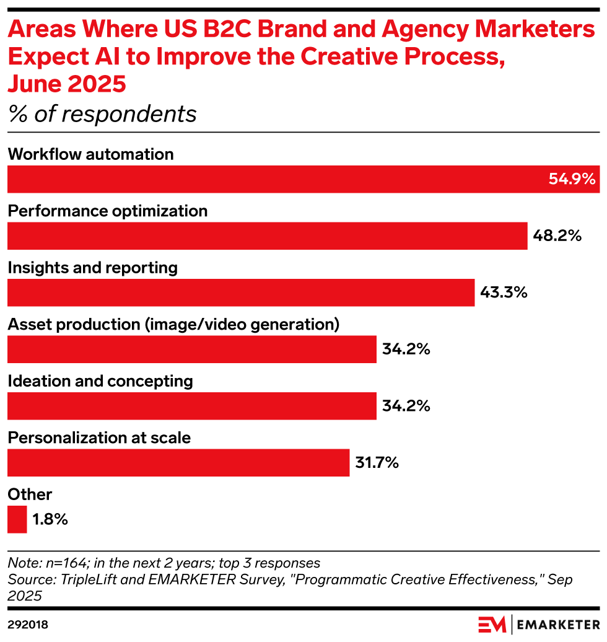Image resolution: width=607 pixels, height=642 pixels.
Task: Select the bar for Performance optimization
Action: (x=267, y=236)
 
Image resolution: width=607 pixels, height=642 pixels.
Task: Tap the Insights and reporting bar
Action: (x=241, y=292)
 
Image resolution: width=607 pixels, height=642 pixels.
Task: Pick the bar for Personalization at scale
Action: (x=178, y=463)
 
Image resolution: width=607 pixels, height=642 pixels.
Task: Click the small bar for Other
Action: (x=17, y=519)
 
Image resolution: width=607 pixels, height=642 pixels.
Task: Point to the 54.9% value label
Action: (x=572, y=180)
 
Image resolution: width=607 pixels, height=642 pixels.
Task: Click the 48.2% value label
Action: (x=557, y=236)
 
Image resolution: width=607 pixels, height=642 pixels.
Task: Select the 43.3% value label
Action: (x=504, y=292)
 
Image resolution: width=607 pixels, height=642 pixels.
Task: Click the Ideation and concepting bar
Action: (x=192, y=406)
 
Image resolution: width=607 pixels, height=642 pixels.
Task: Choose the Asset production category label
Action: (x=173, y=324)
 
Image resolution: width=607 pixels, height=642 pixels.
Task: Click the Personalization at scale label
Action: (x=99, y=438)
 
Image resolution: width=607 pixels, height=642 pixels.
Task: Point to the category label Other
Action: (x=30, y=494)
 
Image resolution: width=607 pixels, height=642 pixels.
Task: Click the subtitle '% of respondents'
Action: (x=102, y=114)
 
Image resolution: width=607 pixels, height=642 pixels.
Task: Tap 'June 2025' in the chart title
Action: (x=67, y=84)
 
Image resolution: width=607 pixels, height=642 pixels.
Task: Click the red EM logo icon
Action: (x=491, y=623)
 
